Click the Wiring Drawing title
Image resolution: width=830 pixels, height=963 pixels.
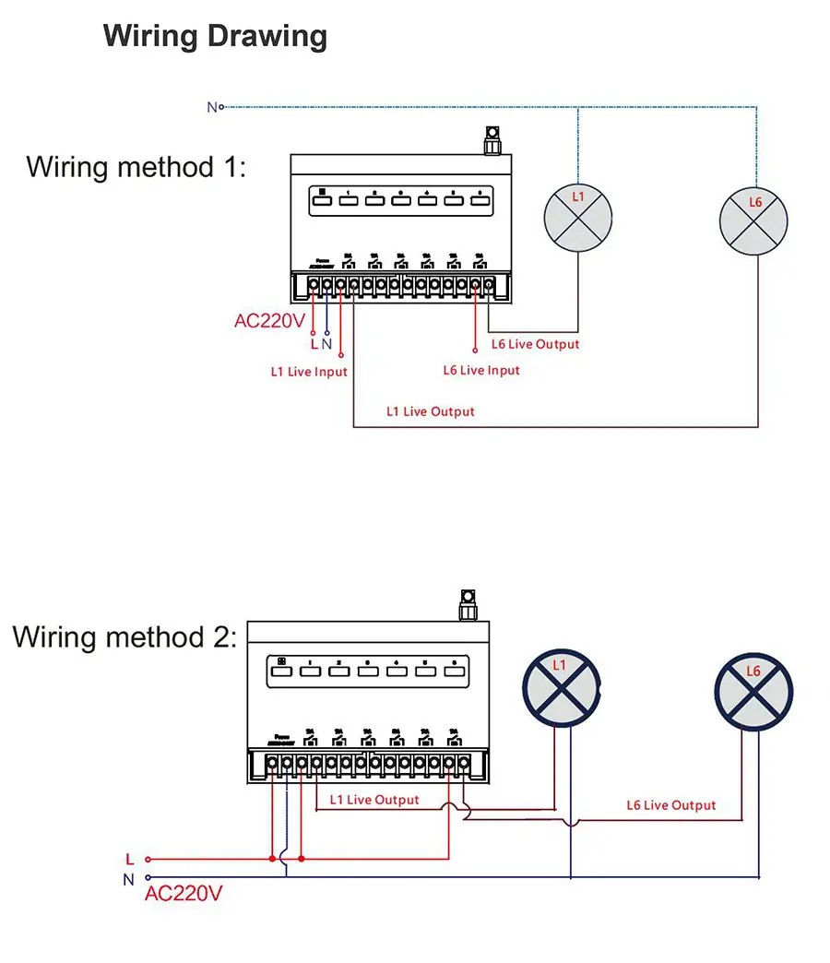pos(215,37)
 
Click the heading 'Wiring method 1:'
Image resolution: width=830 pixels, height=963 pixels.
pos(136,168)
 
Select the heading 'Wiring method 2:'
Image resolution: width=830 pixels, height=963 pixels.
pos(125,637)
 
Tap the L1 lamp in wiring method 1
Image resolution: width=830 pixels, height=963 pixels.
pos(578,218)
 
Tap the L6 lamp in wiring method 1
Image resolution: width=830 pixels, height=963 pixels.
pos(754,221)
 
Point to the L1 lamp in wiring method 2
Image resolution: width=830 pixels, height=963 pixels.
pos(561,686)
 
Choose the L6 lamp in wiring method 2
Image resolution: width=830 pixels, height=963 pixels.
pos(753,692)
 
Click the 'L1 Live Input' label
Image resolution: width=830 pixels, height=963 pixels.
pos(309,372)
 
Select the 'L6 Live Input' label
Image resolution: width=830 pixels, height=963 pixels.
pos(481,370)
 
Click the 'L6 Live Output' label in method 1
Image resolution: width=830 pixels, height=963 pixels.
pos(535,344)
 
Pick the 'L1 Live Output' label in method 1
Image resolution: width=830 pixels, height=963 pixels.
pos(430,411)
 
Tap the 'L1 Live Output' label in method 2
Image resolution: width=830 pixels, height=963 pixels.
pos(373,800)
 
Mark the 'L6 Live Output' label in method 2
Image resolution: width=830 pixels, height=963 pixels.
pos(670,805)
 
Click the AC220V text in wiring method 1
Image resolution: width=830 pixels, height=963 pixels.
pos(269,322)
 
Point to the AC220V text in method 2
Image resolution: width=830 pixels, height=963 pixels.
pos(184,893)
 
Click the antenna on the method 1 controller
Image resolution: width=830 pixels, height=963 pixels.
pos(492,141)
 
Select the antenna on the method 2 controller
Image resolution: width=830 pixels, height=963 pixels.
pos(467,604)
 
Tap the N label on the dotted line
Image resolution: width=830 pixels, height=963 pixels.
pos(212,107)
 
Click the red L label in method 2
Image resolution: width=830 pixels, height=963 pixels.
pos(129,860)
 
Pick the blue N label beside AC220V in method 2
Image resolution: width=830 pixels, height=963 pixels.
pos(128,879)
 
